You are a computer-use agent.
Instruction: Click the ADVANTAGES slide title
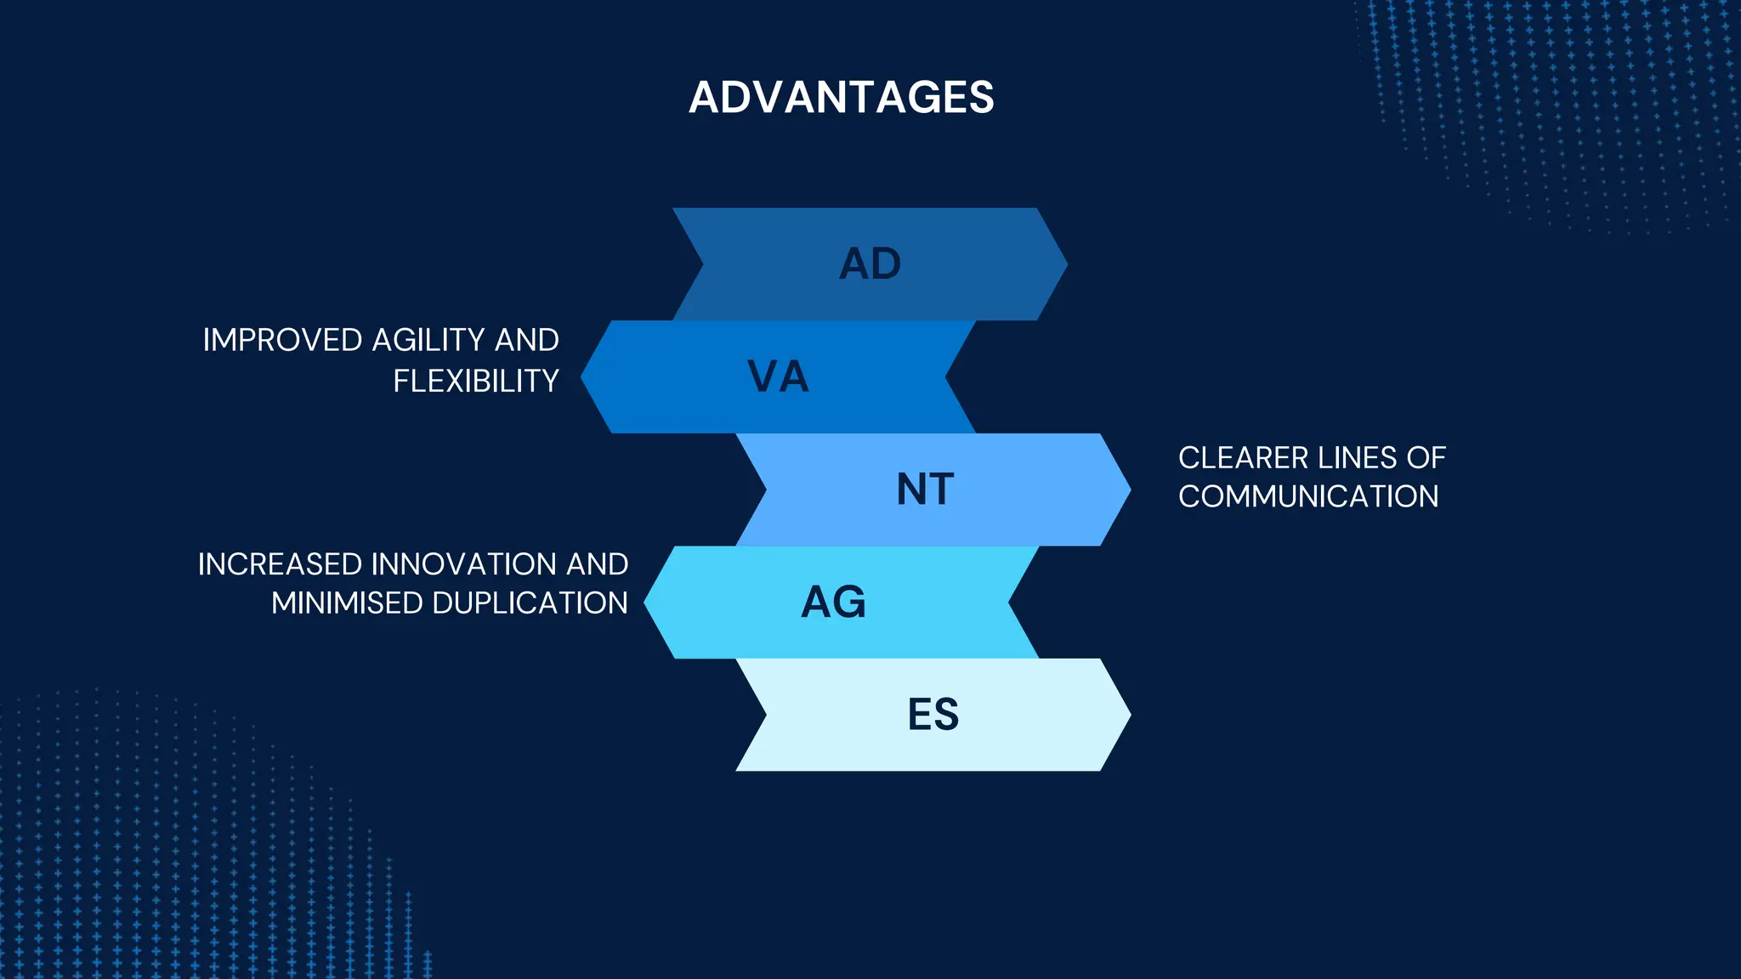pyautogui.click(x=841, y=97)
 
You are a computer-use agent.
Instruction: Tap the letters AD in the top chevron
pyautogui.click(x=870, y=264)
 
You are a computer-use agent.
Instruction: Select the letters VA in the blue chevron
pyautogui.click(x=778, y=376)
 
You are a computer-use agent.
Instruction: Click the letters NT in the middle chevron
pyautogui.click(x=925, y=489)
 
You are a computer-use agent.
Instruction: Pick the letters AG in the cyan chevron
pyautogui.click(x=833, y=603)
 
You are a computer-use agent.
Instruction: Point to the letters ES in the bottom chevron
pyautogui.click(x=933, y=715)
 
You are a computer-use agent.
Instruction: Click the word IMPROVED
pyautogui.click(x=282, y=340)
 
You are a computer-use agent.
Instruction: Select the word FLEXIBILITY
pyautogui.click(x=475, y=381)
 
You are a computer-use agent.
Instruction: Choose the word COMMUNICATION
pyautogui.click(x=1308, y=496)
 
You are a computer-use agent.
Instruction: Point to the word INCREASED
pyautogui.click(x=280, y=564)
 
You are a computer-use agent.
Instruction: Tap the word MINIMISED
pyautogui.click(x=347, y=603)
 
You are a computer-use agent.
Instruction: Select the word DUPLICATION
pyautogui.click(x=530, y=603)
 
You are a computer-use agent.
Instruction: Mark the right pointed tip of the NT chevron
pyautogui.click(x=1128, y=489)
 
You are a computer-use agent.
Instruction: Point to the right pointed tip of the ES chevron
pyautogui.click(x=1128, y=715)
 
